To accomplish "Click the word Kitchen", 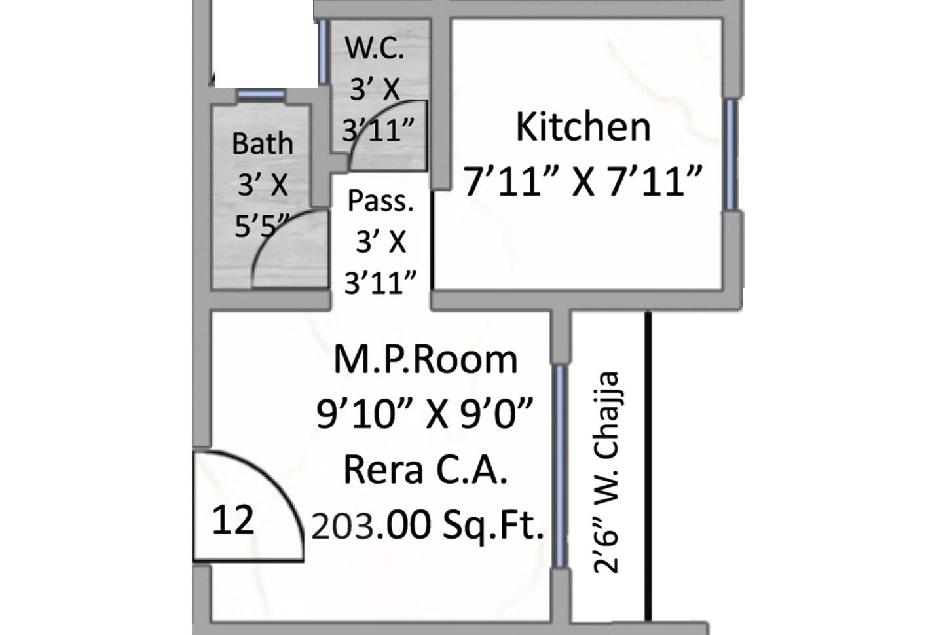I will tap(583, 127).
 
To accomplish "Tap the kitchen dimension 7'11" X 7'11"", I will tap(583, 181).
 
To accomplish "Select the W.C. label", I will tap(375, 49).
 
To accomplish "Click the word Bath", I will tap(263, 143).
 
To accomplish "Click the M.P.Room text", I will tap(426, 359).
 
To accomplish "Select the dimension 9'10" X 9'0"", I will tap(426, 414).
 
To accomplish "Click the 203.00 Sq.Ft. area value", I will tap(428, 525).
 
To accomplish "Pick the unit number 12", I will tap(232, 521).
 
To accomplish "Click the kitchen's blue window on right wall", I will tap(731, 154).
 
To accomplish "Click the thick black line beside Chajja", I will tap(648, 465).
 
